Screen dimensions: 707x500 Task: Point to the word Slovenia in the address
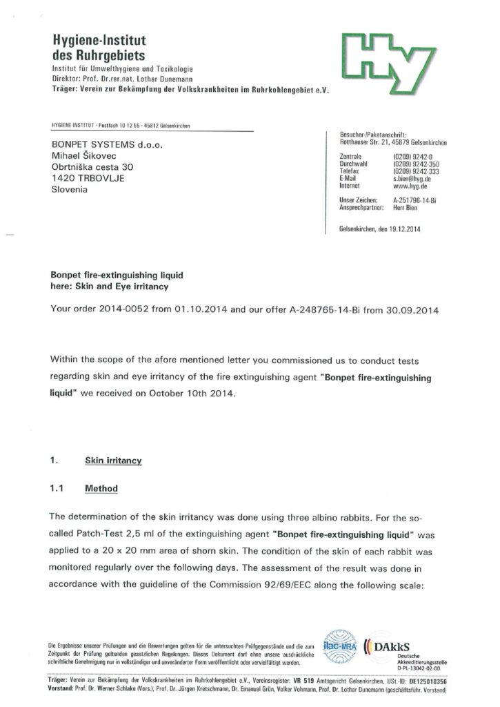click(x=70, y=189)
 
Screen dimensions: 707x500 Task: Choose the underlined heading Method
click(x=101, y=489)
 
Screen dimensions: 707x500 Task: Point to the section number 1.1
click(x=58, y=489)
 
